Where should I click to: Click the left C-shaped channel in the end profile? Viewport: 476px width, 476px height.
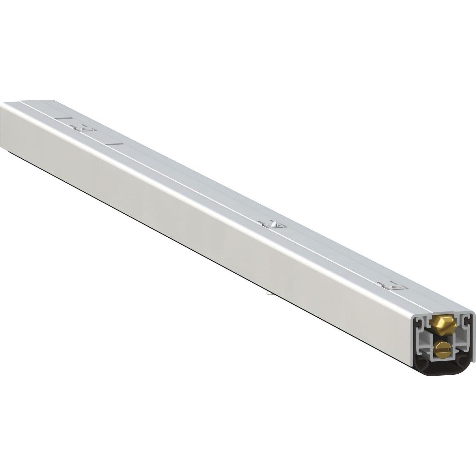[420, 323]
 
